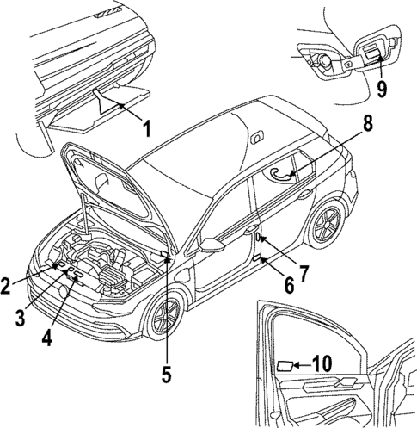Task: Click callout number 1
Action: click(x=146, y=132)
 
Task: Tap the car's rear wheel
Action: click(x=327, y=226)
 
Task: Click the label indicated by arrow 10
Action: click(x=283, y=366)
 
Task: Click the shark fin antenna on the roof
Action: click(x=256, y=136)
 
